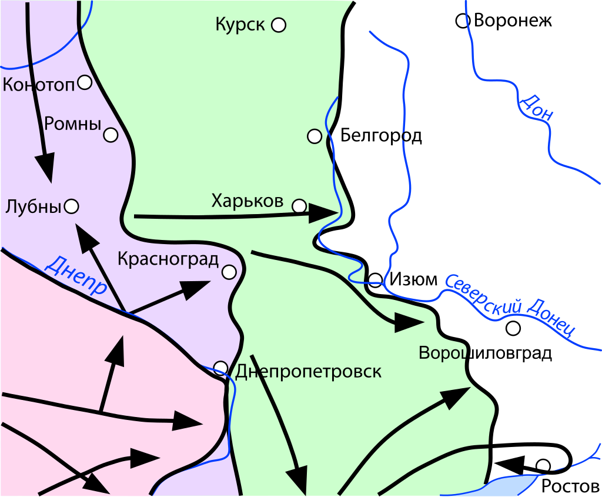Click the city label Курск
tap(240, 25)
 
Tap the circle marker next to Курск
tap(279, 25)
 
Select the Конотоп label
tap(39, 84)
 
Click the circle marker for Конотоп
tap(85, 82)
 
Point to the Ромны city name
tap(72, 124)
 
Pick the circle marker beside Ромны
tap(111, 135)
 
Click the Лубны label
tap(33, 206)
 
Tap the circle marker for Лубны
tap(72, 206)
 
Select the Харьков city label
tap(247, 201)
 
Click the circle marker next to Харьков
tap(299, 206)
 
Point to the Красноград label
tap(168, 259)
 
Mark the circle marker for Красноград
tap(229, 272)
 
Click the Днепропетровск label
tap(308, 372)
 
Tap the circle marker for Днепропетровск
tap(220, 368)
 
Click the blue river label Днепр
tap(75, 275)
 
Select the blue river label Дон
tap(536, 107)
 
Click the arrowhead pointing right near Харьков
tap(324, 213)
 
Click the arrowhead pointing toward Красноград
tap(196, 288)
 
